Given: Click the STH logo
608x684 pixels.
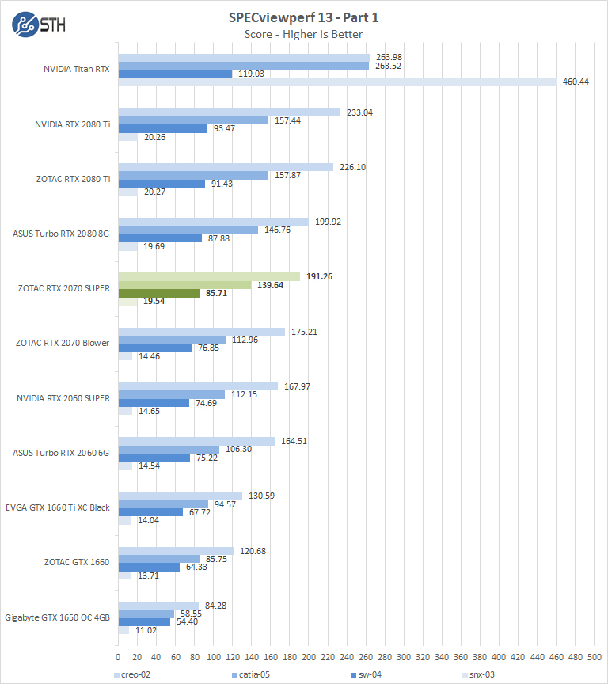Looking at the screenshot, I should pos(39,24).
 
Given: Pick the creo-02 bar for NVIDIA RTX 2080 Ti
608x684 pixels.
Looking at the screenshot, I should pos(229,112).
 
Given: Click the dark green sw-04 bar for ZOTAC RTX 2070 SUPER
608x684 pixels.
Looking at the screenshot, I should pos(158,293).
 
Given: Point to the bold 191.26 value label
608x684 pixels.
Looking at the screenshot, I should pos(320,276).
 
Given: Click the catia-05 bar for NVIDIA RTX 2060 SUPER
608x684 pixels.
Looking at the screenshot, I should pos(171,395).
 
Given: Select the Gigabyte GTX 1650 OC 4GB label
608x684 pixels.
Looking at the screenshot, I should pos(58,617).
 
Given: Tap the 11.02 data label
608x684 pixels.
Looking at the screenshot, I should pos(145,630).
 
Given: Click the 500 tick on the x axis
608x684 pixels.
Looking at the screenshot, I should pos(595,657).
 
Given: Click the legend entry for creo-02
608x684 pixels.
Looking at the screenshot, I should pos(135,675).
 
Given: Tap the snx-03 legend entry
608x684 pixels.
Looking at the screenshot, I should pos(477,675).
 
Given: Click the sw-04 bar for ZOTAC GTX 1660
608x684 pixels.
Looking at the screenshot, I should pos(148,567).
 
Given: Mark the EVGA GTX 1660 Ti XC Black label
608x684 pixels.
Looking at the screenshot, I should pos(58,507).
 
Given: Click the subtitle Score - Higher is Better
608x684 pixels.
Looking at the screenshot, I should pos(305,34).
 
